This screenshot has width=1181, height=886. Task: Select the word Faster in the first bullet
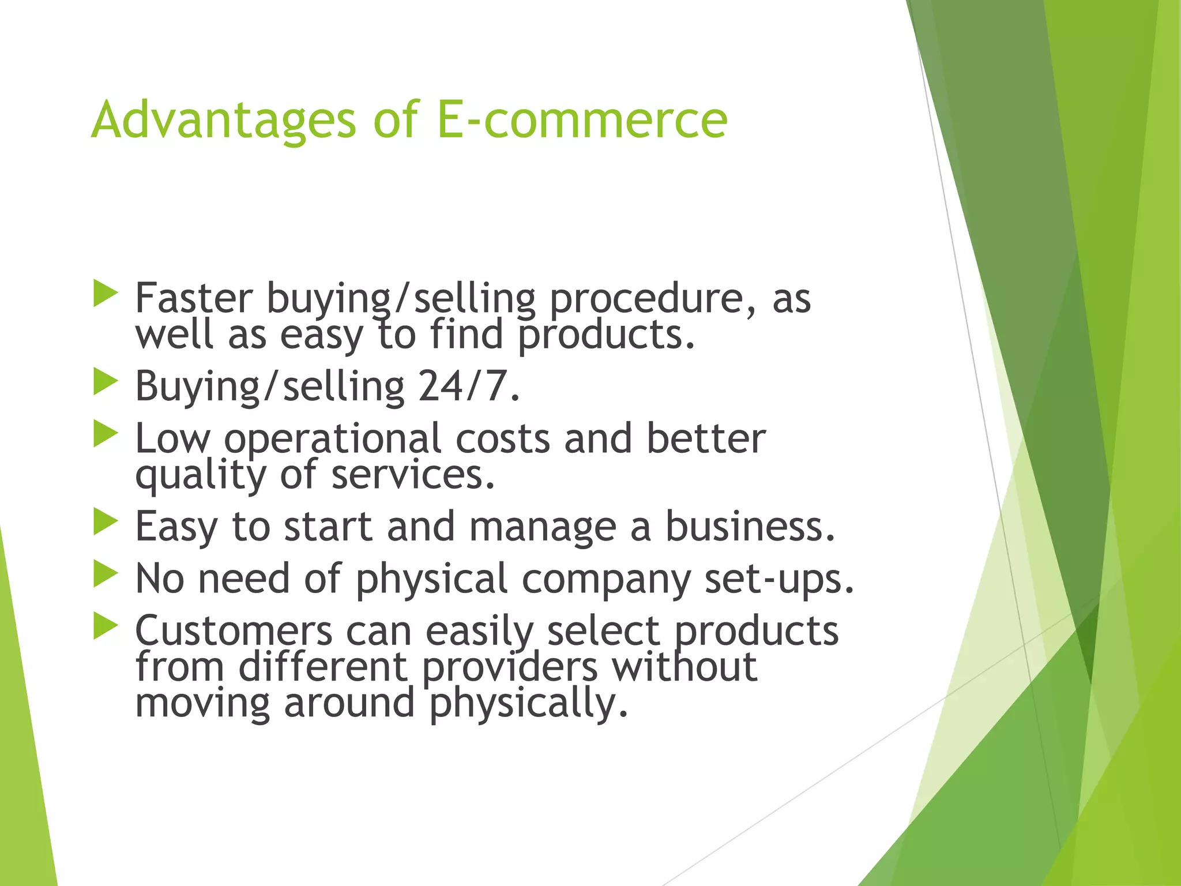point(194,298)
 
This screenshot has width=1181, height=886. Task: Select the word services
point(413,474)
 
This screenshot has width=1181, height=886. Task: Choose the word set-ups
point(778,579)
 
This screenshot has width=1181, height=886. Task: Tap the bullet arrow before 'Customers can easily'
point(105,626)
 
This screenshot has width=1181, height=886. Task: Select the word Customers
point(234,630)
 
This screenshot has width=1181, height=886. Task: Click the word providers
point(510,668)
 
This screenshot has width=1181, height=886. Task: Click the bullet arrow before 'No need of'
point(105,574)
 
